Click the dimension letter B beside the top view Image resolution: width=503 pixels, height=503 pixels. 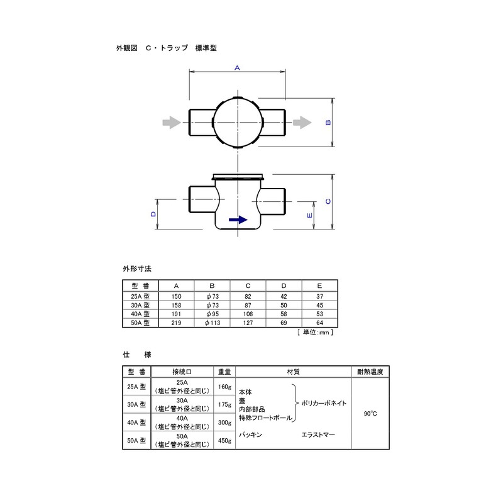coord(328,123)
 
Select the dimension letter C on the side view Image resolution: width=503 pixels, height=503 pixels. coord(328,201)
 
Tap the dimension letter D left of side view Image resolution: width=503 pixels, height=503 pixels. coord(153,214)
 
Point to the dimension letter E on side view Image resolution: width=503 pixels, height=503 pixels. coord(309,215)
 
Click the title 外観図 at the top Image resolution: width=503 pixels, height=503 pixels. coord(126,48)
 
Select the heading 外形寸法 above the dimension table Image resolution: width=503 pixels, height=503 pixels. coord(137,268)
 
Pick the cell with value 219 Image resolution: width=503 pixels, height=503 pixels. coord(176,323)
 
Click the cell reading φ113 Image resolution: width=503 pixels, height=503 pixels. coord(212,323)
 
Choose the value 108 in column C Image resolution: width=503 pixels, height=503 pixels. coord(248,313)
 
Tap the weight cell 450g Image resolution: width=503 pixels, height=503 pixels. coord(224,441)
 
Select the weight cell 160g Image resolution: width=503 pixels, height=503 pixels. coord(224,387)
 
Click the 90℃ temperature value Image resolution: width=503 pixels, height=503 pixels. coord(370,414)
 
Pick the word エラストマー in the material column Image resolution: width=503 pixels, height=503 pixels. coord(319,434)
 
